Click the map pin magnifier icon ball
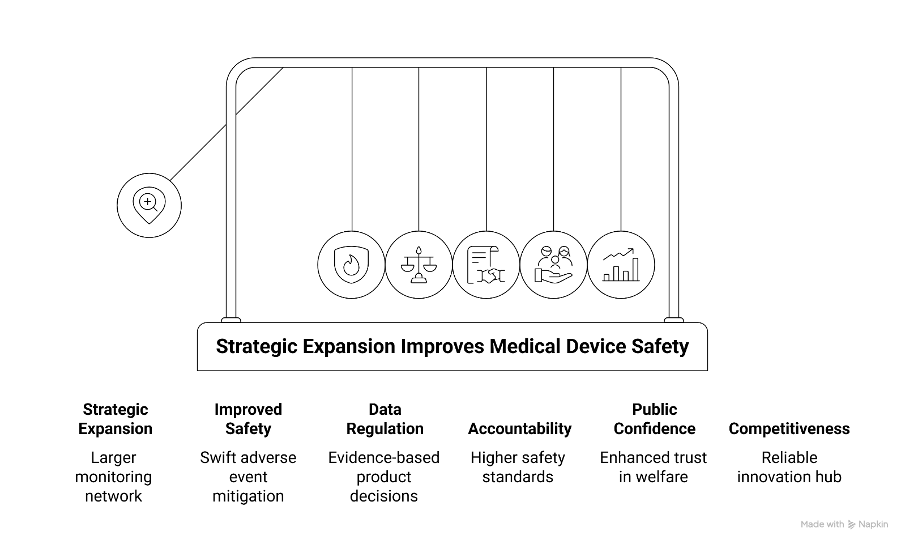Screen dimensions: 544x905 pos(149,205)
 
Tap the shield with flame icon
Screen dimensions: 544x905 pos(351,265)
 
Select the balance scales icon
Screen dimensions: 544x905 pos(419,265)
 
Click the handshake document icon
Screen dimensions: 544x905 pos(486,265)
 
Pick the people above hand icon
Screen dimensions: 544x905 pos(553,265)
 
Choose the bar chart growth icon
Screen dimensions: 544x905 pos(621,265)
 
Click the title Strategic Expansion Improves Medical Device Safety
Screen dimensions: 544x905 pos(452,346)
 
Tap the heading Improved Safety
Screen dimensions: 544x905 pos(248,419)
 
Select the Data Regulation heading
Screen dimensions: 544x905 pos(385,419)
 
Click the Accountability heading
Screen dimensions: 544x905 pos(519,428)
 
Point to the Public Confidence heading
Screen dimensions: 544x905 pos(654,419)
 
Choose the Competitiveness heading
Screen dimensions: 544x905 pos(789,428)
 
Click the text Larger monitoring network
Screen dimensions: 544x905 pos(113,477)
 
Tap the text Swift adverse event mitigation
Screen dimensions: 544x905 pos(248,477)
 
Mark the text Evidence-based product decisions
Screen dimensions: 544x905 pos(384,477)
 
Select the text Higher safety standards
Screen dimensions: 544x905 pos(518,467)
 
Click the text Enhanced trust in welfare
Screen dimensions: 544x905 pos(653,467)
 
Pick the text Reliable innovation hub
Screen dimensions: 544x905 pos(789,467)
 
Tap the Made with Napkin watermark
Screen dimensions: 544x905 pos(844,524)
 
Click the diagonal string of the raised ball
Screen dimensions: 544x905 pos(227,124)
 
